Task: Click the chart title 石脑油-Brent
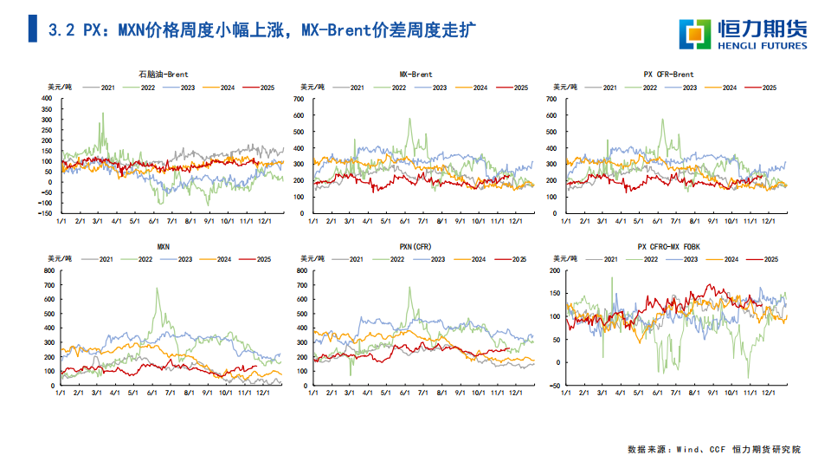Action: click(x=164, y=75)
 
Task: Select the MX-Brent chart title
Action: click(x=416, y=75)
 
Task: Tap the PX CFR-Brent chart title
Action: click(x=669, y=75)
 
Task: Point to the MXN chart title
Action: click(x=164, y=246)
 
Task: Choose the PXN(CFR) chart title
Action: click(x=416, y=246)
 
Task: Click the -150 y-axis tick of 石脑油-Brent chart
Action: click(x=45, y=213)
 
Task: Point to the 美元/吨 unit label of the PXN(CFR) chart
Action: click(x=313, y=259)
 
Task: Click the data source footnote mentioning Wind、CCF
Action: click(x=714, y=449)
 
